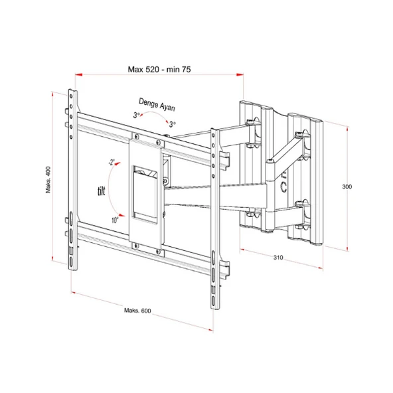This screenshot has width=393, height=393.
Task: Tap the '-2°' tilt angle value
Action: tap(110, 163)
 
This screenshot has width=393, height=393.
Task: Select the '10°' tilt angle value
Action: tap(116, 219)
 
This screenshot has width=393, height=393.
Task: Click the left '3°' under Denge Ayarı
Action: tap(137, 116)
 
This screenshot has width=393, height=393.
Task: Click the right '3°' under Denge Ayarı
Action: tap(172, 124)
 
